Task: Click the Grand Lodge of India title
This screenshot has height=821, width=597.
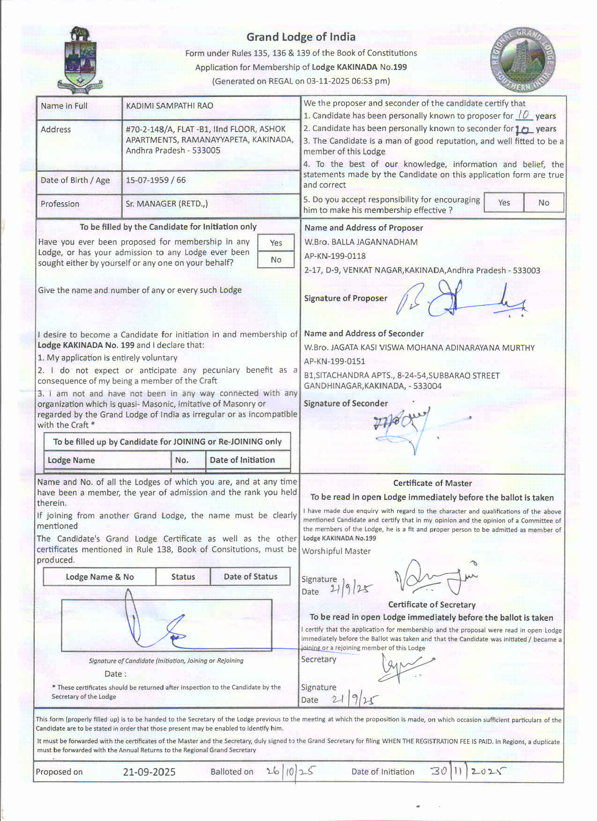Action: click(301, 37)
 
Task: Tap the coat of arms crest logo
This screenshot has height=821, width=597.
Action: click(80, 60)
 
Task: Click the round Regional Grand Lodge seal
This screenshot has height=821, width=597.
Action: click(523, 59)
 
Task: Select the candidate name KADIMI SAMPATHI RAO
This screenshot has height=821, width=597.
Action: click(170, 106)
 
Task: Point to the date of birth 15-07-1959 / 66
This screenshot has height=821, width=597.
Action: click(155, 180)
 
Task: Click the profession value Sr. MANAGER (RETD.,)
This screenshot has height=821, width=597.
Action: click(167, 204)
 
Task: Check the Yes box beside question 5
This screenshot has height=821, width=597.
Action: click(504, 203)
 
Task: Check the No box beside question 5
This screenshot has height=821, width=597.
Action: click(544, 203)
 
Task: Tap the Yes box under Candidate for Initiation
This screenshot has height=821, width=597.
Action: click(276, 242)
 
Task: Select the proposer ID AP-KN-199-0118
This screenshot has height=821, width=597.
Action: click(335, 256)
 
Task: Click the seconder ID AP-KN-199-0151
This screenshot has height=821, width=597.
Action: click(334, 361)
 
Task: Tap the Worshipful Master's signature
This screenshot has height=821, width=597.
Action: click(435, 578)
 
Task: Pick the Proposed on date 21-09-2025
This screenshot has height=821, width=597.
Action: click(149, 772)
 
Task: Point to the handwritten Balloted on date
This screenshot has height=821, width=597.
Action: click(290, 771)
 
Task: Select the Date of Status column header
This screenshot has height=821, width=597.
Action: click(250, 577)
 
